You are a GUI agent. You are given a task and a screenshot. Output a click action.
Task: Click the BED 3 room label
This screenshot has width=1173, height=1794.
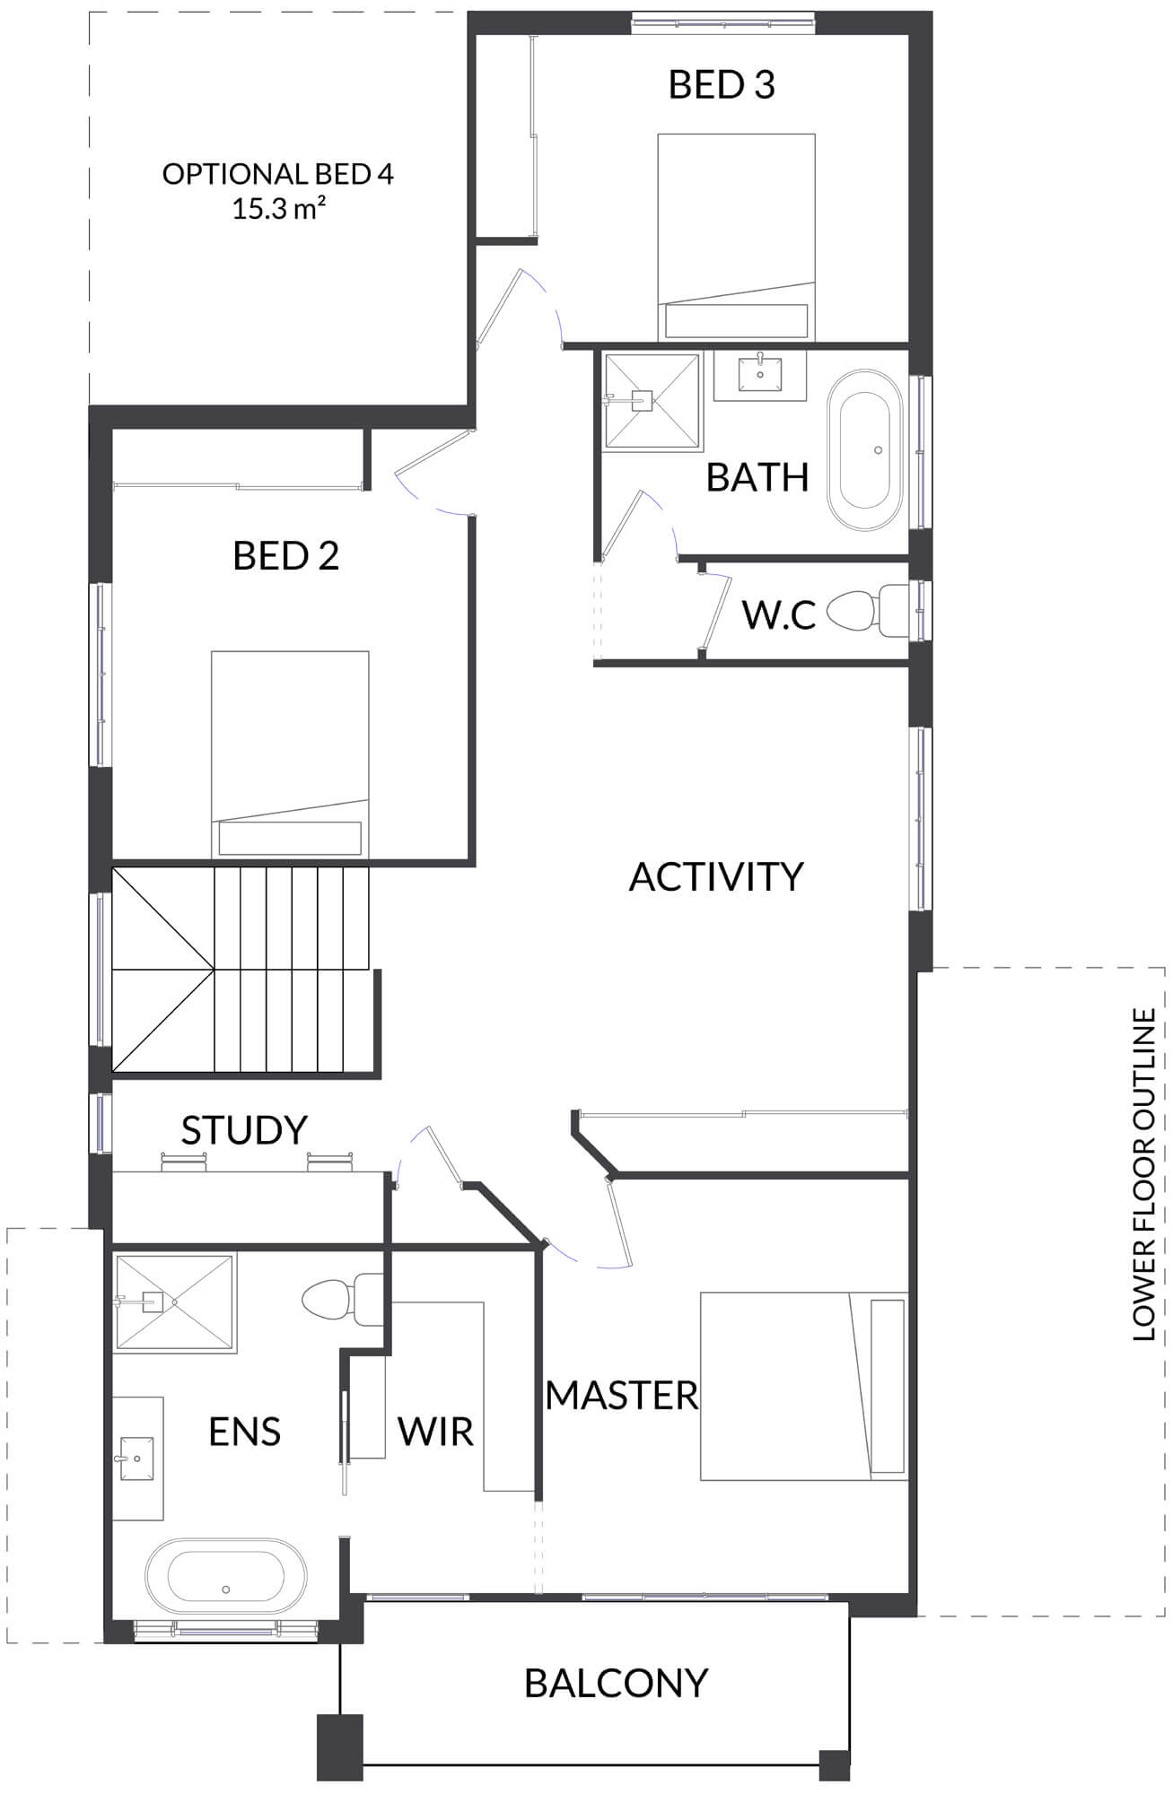click(x=722, y=84)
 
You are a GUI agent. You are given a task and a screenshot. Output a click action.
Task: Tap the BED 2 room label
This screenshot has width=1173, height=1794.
click(x=285, y=556)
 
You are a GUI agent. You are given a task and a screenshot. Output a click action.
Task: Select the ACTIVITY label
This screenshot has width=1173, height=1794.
click(x=716, y=876)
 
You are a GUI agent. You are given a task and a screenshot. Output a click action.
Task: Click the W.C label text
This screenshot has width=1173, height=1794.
click(x=778, y=615)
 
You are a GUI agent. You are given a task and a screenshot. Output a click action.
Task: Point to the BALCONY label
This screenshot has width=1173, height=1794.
click(x=617, y=1684)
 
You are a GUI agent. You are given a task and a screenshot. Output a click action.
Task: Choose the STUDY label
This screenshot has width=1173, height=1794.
click(x=244, y=1130)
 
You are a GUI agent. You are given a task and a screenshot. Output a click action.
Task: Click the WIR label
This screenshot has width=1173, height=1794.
click(x=435, y=1432)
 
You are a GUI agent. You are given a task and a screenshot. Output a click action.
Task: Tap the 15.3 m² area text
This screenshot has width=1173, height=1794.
click(x=278, y=209)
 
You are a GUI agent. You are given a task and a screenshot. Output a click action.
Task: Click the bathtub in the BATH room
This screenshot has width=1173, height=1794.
click(x=864, y=452)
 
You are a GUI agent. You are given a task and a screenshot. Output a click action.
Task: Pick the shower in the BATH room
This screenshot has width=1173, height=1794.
click(x=652, y=399)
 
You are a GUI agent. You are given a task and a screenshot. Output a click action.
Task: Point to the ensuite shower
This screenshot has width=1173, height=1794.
click(x=175, y=1302)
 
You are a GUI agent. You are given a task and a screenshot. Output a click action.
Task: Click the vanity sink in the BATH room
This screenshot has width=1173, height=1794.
click(x=760, y=374)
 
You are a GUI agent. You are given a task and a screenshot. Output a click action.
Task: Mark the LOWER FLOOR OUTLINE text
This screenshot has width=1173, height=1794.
click(x=1143, y=1175)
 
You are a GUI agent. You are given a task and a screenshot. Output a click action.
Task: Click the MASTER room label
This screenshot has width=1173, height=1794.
click(x=622, y=1395)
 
